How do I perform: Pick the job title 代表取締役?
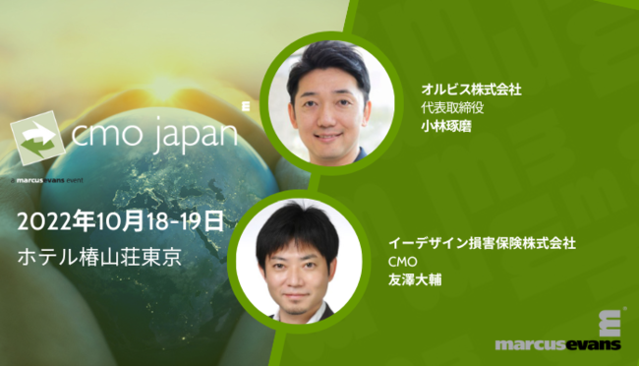[x=447, y=108]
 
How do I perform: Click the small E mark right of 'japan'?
[x=243, y=102]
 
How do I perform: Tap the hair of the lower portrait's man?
[x=296, y=223]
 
